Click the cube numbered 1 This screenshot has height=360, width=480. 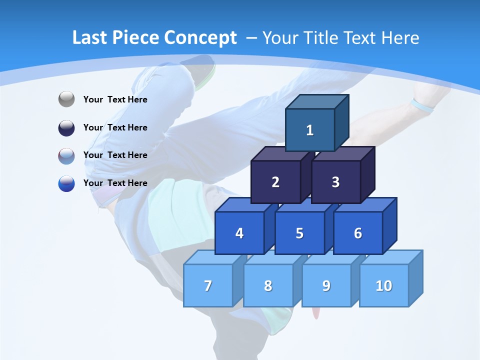point(310,130)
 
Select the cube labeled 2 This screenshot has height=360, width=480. point(275,182)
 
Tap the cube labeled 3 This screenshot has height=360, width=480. point(335,182)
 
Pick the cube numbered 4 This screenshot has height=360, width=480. point(239,233)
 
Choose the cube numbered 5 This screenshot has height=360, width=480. point(299,233)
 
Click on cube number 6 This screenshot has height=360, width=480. point(358,233)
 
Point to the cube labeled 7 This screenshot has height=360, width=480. point(208,285)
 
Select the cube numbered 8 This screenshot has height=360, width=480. point(268,285)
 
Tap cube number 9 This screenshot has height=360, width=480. point(326,285)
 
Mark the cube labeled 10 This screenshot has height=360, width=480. point(384,285)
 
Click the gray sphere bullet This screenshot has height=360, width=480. point(66,99)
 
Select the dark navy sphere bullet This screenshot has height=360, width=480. point(66,127)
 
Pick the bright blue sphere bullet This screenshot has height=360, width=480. point(66,183)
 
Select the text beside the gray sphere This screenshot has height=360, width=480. point(115,99)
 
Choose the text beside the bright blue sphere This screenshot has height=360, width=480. point(115,183)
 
